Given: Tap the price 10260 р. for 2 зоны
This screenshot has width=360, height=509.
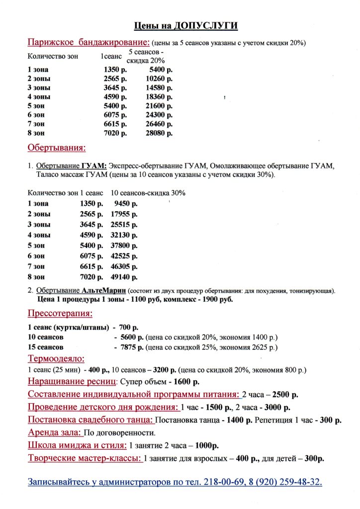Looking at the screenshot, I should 159,79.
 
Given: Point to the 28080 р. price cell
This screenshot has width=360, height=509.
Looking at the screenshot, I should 159,133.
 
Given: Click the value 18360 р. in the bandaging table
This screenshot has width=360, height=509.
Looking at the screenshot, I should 159,97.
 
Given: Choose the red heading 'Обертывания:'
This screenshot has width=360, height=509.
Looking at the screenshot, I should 57,148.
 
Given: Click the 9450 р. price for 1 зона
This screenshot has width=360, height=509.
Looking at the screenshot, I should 126,203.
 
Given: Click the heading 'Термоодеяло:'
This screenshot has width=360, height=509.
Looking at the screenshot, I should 56,358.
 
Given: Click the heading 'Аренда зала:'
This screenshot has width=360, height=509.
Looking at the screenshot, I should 54,432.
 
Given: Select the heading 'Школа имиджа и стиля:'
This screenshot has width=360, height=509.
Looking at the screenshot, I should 77,445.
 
